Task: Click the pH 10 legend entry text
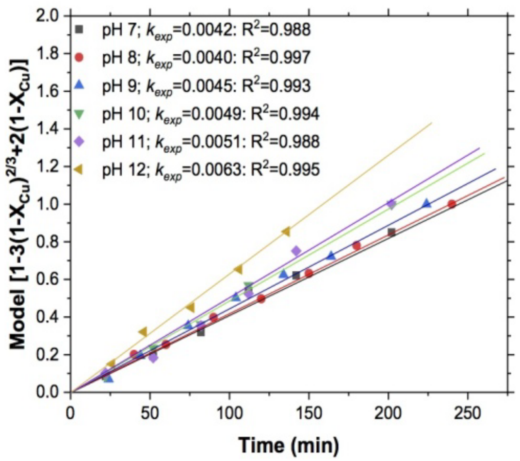[x=209, y=114]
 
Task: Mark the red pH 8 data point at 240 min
[x=452, y=204]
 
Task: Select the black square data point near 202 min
[x=391, y=232]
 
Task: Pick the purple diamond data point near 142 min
[x=296, y=251]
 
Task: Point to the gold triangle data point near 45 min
[x=142, y=332]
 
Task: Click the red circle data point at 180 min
[x=357, y=246]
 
